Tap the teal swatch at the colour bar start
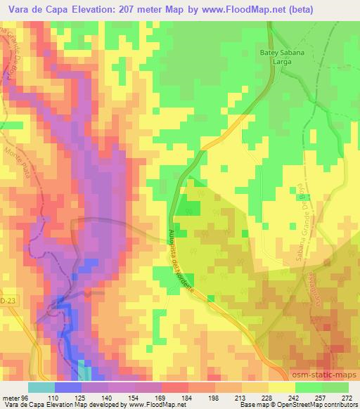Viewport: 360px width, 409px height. (x=41, y=387)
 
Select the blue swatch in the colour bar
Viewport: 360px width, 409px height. (x=67, y=387)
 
